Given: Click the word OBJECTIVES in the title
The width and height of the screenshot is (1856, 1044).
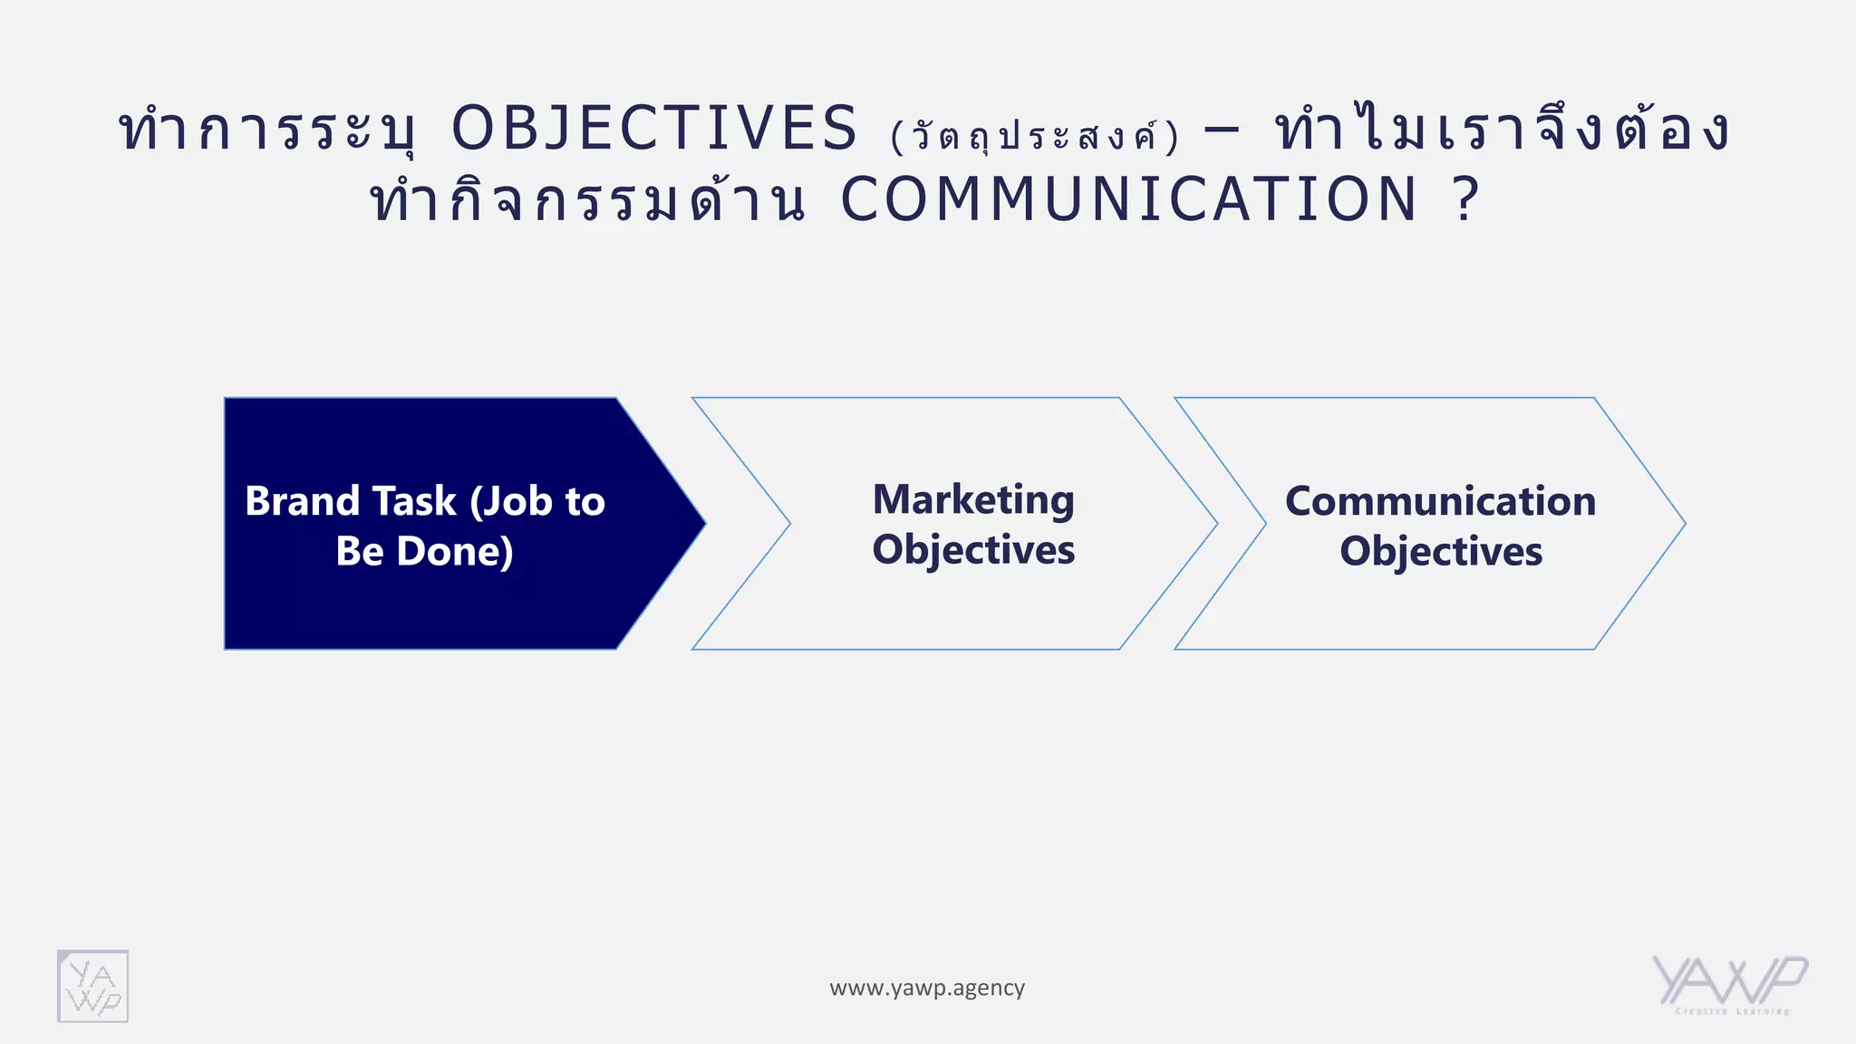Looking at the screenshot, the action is click(x=654, y=128).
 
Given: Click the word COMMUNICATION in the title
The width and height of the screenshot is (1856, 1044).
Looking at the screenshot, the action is click(x=1129, y=199).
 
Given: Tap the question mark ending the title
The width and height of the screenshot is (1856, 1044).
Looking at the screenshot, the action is click(x=1465, y=199).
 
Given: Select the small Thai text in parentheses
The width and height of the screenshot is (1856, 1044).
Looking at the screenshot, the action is click(x=1035, y=136).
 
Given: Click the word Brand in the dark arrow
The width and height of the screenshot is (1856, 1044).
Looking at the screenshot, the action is click(x=303, y=501).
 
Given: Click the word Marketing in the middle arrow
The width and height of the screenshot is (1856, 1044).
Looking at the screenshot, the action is click(x=973, y=500).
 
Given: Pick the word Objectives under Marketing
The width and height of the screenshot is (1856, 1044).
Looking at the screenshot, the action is click(x=973, y=550).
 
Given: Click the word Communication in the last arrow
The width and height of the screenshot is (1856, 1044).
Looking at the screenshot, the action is click(x=1440, y=501).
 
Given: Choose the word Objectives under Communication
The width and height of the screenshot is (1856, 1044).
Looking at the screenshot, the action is click(x=1441, y=551).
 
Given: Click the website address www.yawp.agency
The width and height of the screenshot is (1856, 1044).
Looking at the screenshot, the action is click(x=927, y=988).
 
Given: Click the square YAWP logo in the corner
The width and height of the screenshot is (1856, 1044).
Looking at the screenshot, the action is click(x=92, y=986).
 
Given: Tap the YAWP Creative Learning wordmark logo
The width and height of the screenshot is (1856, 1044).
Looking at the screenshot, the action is click(x=1729, y=984).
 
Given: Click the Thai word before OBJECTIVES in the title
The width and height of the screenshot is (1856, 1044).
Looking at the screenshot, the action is click(x=268, y=130).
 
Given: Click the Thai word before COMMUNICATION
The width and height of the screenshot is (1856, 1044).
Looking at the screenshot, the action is click(x=587, y=201).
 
